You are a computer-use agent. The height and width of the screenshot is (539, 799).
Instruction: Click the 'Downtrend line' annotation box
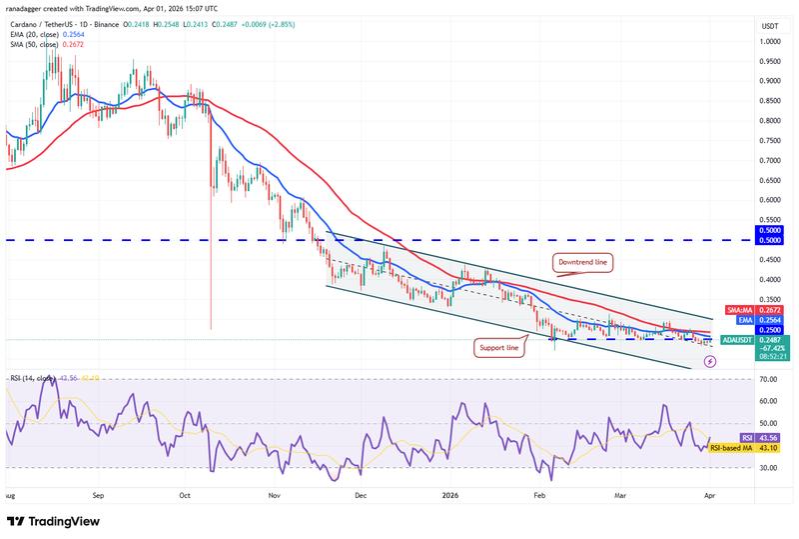pos(582,261)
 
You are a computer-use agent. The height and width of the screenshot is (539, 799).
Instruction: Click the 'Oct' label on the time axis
pos(185,494)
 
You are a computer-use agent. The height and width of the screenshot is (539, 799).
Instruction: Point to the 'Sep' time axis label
pos(97,494)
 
